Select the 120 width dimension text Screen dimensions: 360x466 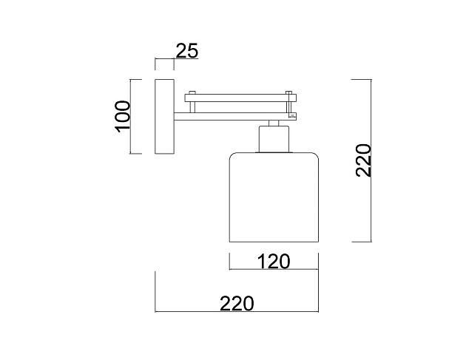[x=273, y=261]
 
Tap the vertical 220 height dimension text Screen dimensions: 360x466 [x=363, y=160]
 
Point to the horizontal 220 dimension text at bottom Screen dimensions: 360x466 [x=237, y=303]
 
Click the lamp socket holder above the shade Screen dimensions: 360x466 [x=273, y=139]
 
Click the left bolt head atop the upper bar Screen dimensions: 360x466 [x=192, y=92]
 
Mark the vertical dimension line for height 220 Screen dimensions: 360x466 [x=371, y=160]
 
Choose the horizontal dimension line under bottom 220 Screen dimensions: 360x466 [x=237, y=313]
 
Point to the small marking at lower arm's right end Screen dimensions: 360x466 [x=292, y=115]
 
